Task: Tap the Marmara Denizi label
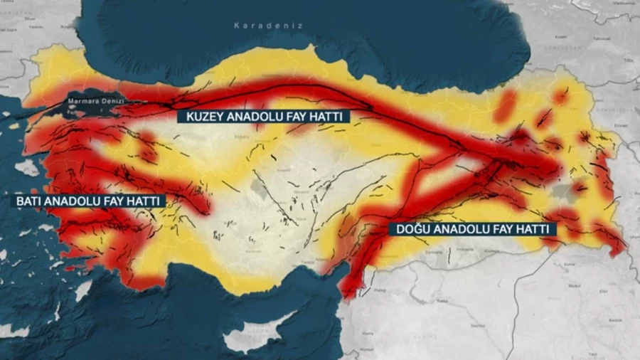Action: [95, 101]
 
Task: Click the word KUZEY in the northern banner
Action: [203, 116]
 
